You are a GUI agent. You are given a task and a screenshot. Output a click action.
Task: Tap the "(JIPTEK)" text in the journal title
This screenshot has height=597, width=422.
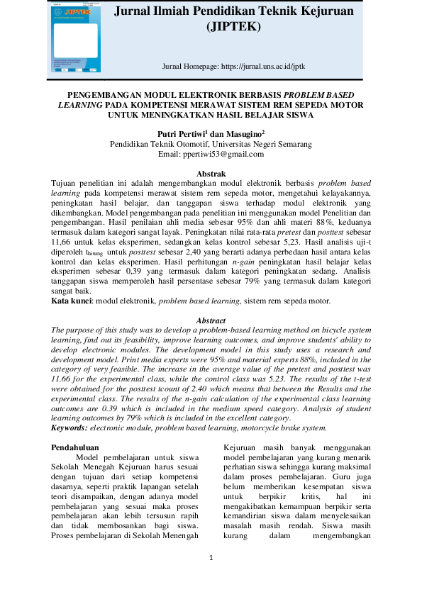click(233, 28)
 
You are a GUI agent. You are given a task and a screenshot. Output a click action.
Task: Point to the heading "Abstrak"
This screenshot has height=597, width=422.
click(211, 174)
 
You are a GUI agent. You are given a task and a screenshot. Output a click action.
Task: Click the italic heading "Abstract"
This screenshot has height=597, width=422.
click(210, 320)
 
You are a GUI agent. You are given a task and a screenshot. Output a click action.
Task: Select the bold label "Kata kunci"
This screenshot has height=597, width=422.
click(73, 301)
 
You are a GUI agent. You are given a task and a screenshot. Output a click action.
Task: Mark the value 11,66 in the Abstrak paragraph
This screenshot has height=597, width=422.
click(62, 242)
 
